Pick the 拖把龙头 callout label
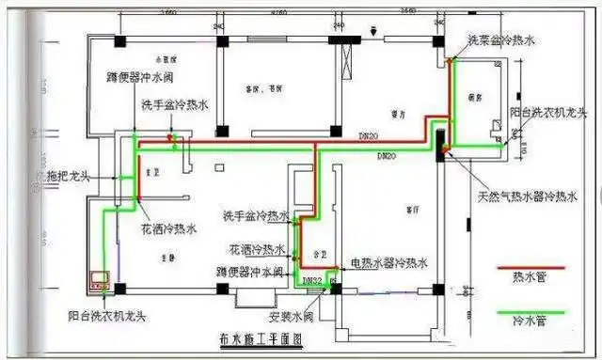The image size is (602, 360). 71,176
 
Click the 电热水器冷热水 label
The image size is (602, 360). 388,262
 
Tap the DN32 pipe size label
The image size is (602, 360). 312,280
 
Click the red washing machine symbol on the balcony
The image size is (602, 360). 100,280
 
